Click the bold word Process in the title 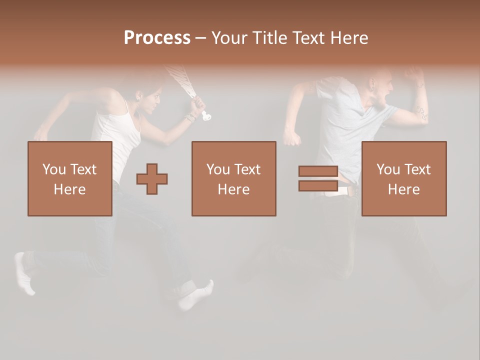click(x=157, y=38)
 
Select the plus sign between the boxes click(x=152, y=179)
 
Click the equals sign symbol click(x=318, y=178)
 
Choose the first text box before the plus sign click(x=70, y=178)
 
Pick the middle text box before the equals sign click(x=234, y=178)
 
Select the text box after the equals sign click(x=404, y=178)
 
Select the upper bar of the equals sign click(x=318, y=171)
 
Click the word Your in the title click(x=229, y=38)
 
